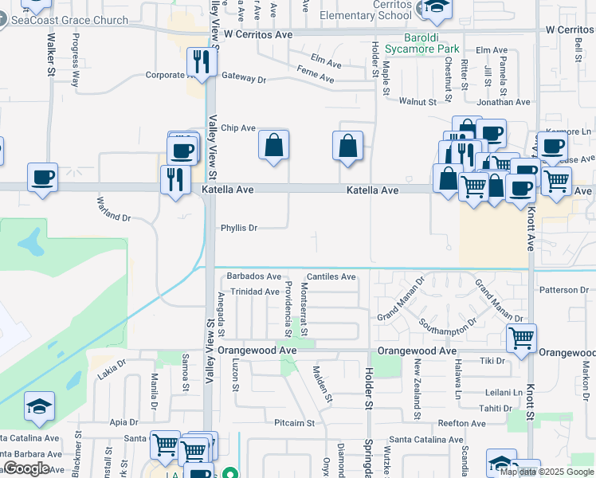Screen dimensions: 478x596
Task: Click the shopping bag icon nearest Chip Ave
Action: pos(273,146)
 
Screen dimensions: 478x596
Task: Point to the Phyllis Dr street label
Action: pos(239,228)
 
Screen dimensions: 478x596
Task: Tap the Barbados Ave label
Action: pos(254,276)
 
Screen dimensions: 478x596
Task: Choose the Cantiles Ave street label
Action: pos(331,276)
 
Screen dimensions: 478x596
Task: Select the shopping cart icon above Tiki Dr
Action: pos(521,337)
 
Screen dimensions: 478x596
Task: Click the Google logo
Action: pos(25,468)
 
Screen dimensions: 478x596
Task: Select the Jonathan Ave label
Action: pos(504,102)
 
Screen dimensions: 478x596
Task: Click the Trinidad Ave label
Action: pos(255,292)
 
